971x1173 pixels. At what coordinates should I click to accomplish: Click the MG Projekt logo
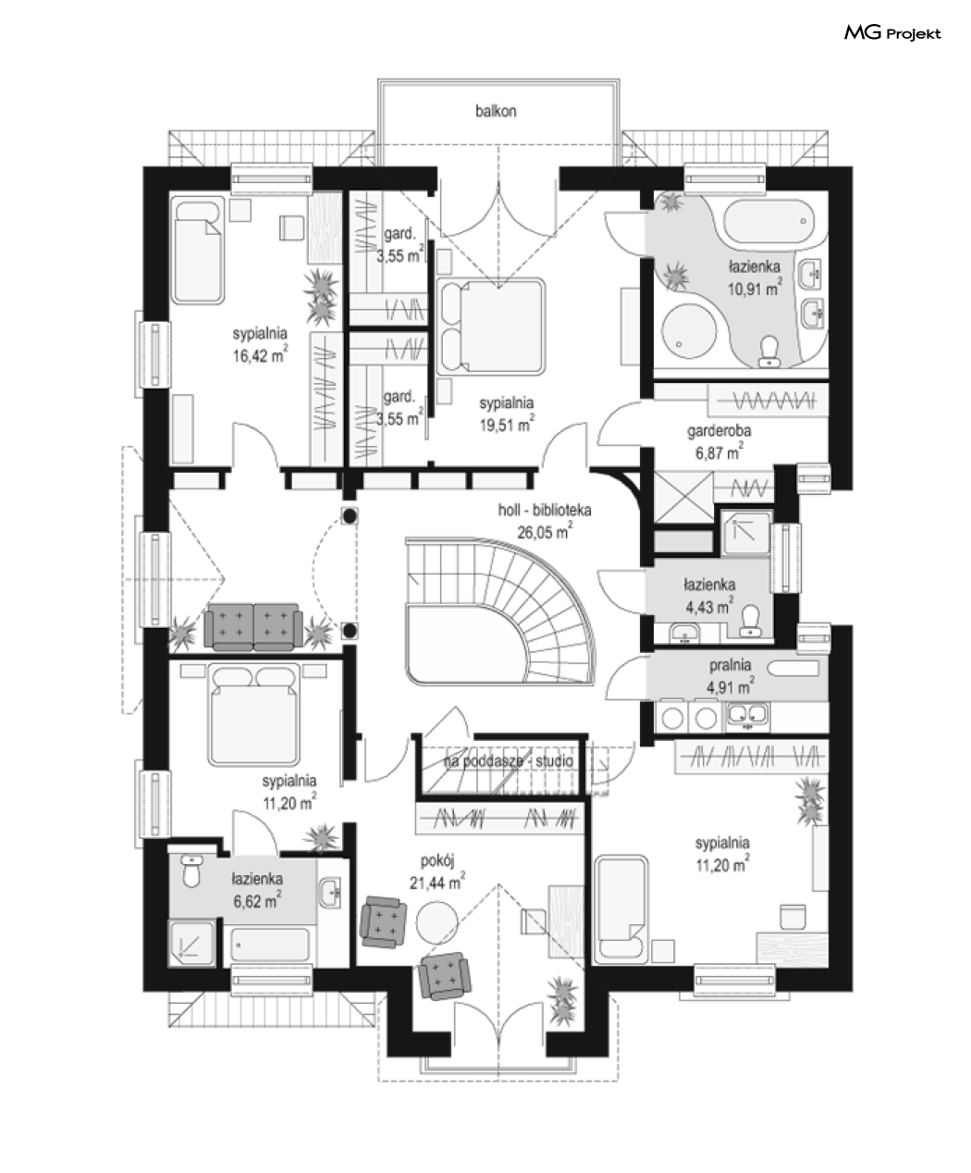(892, 33)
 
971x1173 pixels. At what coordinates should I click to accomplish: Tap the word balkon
(496, 111)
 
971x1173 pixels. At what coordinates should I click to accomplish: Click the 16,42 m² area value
(260, 354)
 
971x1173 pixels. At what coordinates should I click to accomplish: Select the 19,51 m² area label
(507, 424)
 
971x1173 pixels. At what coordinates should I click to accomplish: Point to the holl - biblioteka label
(544, 510)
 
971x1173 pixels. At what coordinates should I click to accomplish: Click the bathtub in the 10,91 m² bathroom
(768, 221)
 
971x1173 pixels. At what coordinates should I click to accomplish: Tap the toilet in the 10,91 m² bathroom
(768, 352)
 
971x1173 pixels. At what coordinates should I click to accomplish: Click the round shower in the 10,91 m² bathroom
(690, 331)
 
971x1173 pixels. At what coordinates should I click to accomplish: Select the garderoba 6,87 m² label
(719, 441)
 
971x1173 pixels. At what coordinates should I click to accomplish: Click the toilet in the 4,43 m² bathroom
(750, 621)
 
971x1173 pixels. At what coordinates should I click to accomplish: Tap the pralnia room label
(730, 665)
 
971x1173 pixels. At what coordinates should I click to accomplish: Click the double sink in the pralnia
(747, 715)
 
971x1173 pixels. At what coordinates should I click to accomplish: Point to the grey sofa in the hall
(253, 627)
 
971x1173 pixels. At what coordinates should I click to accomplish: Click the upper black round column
(350, 515)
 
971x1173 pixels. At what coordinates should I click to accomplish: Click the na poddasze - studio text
(509, 761)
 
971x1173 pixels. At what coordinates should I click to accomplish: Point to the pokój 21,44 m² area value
(436, 882)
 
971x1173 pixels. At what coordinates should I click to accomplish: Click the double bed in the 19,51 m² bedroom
(493, 327)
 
